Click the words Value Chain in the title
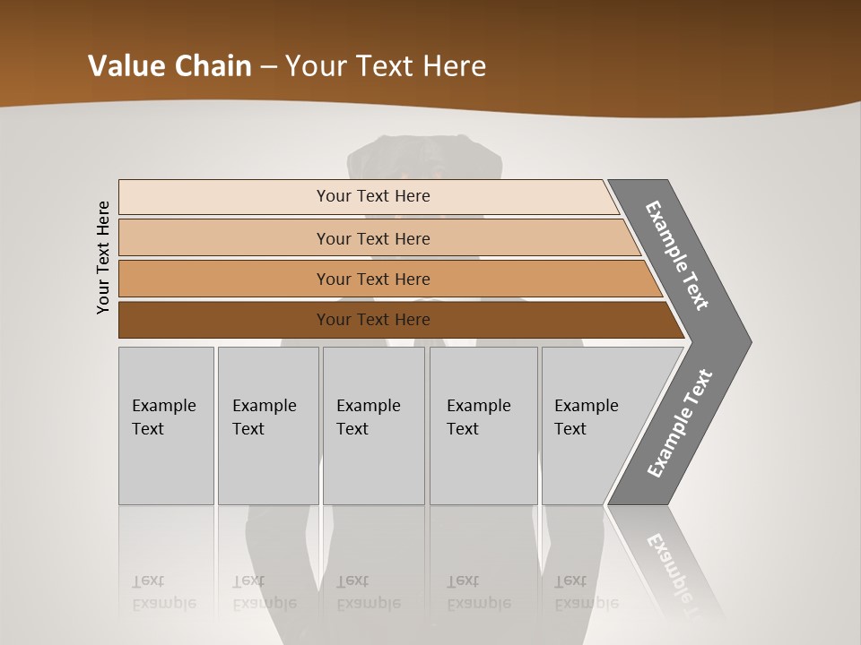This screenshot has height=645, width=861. click(x=170, y=65)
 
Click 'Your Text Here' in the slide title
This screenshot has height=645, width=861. click(x=386, y=65)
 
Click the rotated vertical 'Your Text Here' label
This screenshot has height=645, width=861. click(x=103, y=257)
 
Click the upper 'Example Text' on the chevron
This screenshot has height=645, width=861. click(x=678, y=255)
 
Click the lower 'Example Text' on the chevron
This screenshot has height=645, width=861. click(x=680, y=424)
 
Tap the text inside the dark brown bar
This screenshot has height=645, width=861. click(x=373, y=320)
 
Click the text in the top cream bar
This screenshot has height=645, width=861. click(x=373, y=196)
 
